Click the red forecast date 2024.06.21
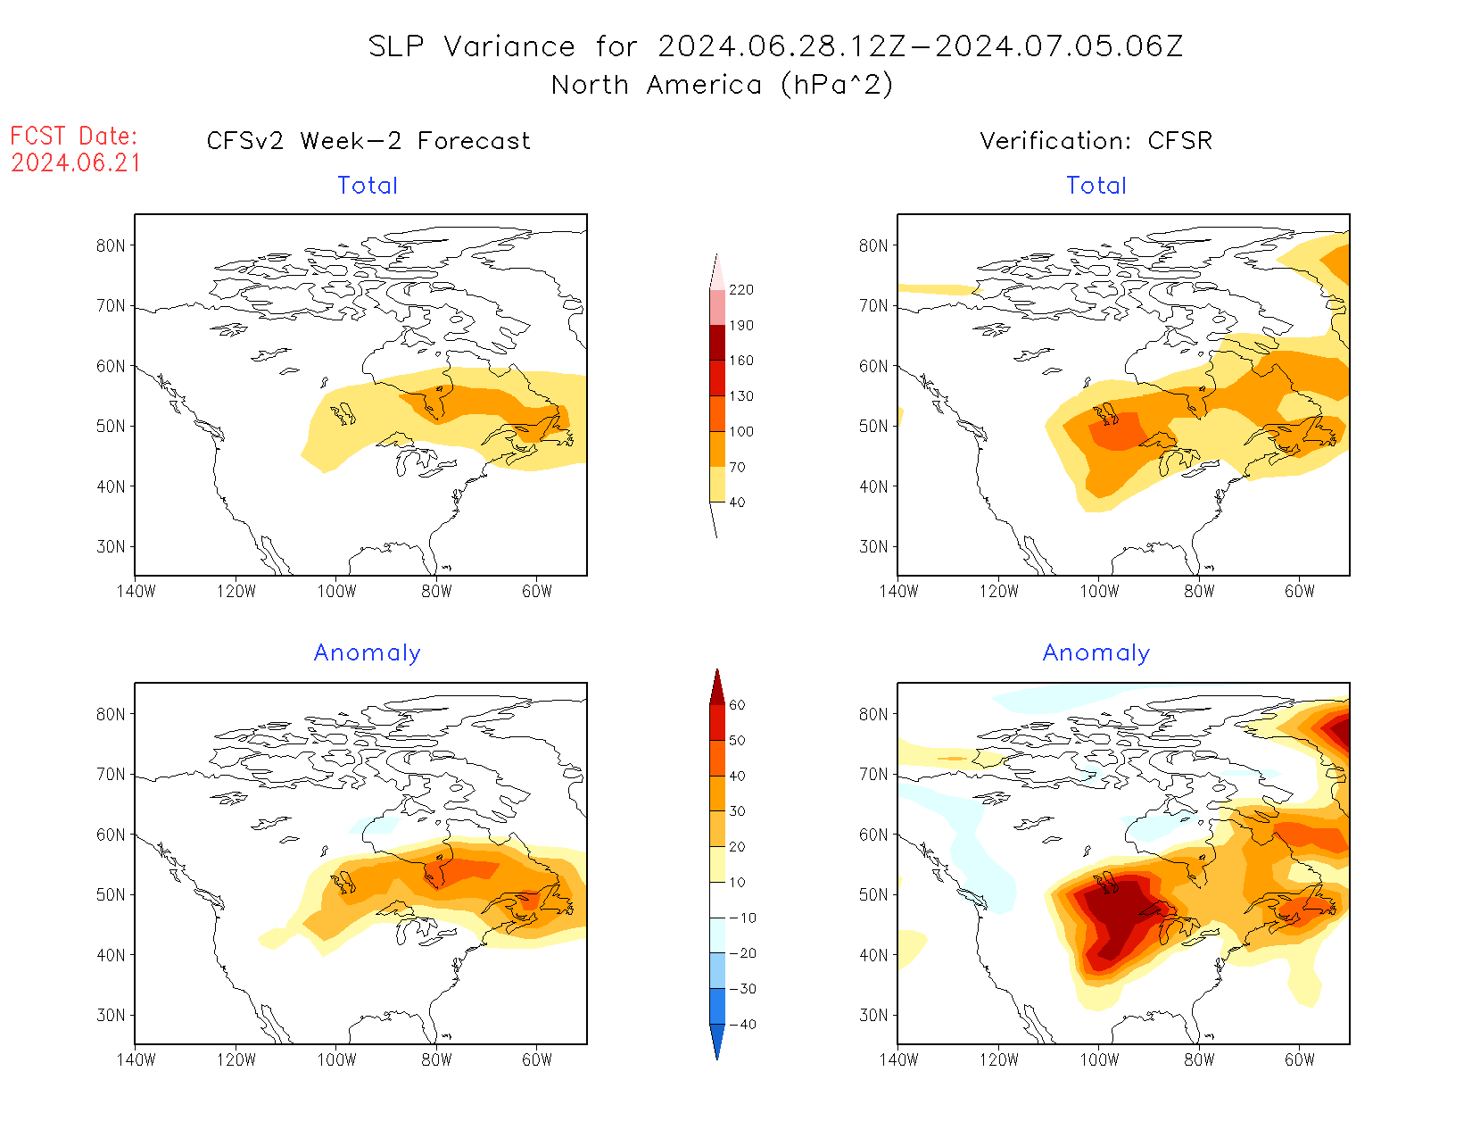coord(76,162)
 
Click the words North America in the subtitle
coord(656,85)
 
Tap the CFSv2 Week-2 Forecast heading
coord(368,141)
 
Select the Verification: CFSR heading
coord(1096,141)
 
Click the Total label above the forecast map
coord(368,186)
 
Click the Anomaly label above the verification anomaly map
coord(1096,652)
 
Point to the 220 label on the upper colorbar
coord(740,290)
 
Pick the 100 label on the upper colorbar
coord(740,431)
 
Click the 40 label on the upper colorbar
coord(737,503)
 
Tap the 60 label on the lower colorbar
coord(737,705)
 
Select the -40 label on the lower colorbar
coord(742,1025)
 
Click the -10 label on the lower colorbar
coord(742,918)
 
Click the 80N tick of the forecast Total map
coord(111,245)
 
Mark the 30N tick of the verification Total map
coord(873,546)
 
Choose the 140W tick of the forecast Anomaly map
coord(136,1059)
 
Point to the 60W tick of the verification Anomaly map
coord(1299,1059)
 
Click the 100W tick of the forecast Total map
coord(336,591)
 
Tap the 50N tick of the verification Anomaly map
coord(873,894)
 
